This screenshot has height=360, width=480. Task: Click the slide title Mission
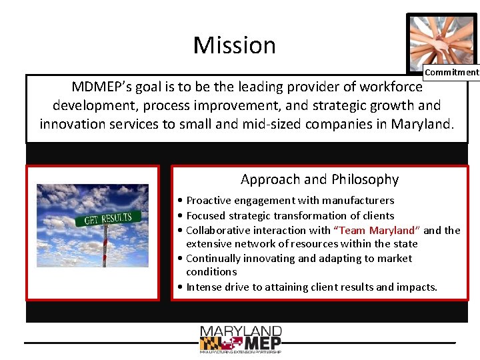[x=234, y=45]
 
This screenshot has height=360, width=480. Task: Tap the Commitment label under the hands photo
[x=451, y=72]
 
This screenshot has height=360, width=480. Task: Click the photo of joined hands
[x=441, y=40]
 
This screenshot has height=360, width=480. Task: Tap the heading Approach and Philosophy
[x=319, y=179]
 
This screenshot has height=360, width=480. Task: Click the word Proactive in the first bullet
[x=209, y=200]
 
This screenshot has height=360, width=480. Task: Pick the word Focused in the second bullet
[x=206, y=215]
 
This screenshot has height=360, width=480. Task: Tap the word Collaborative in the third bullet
[x=218, y=230]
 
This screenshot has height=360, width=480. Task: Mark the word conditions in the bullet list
[x=211, y=272]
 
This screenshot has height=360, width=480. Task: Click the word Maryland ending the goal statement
[x=421, y=124]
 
